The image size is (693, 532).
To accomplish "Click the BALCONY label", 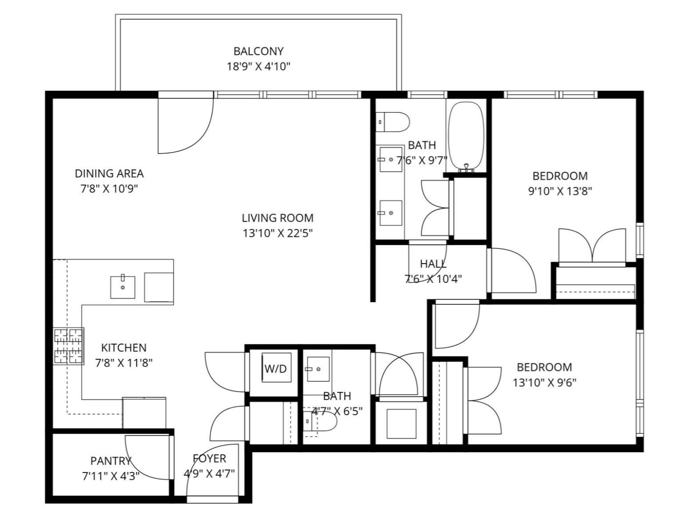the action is (x=259, y=51).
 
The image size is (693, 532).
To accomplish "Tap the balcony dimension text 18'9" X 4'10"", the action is (x=259, y=67).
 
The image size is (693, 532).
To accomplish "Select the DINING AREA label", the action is (x=109, y=173).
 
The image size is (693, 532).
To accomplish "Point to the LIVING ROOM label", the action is (x=278, y=218).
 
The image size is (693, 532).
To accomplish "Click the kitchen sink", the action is (x=122, y=287).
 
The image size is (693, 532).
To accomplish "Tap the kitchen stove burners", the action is (x=68, y=346).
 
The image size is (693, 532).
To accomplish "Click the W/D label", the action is (x=276, y=369).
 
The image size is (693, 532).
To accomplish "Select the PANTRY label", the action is (x=111, y=461).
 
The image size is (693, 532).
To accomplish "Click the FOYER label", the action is (x=209, y=459).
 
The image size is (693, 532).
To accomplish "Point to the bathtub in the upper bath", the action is (x=466, y=136).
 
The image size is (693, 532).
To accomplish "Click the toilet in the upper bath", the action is (x=393, y=122).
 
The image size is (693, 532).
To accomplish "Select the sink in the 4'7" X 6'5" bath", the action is (x=318, y=369).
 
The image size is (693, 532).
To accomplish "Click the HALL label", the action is (x=433, y=264).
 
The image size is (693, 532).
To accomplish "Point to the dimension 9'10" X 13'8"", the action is (x=560, y=191).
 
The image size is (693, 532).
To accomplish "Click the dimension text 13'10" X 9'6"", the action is (x=544, y=382).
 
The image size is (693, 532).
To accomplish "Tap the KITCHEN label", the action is (x=124, y=347).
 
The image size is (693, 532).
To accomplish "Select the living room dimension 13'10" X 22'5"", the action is (x=278, y=234).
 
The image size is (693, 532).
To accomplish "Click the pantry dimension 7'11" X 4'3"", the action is (x=111, y=477).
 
